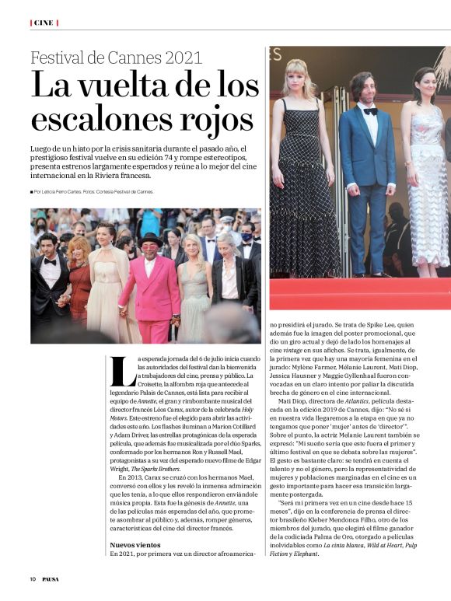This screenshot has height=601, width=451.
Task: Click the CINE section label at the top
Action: pyautogui.click(x=44, y=23)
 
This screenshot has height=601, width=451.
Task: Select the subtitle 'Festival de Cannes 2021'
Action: pyautogui.click(x=117, y=58)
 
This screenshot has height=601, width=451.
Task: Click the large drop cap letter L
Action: pyautogui.click(x=122, y=371)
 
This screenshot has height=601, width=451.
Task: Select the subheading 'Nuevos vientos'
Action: pyautogui.click(x=137, y=545)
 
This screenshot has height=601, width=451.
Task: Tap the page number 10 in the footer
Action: pyautogui.click(x=33, y=579)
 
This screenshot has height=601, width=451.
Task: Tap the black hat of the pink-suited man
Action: pyautogui.click(x=149, y=238)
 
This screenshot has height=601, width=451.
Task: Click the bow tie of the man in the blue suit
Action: pyautogui.click(x=370, y=111)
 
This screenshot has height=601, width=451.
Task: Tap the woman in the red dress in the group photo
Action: pyautogui.click(x=79, y=280)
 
